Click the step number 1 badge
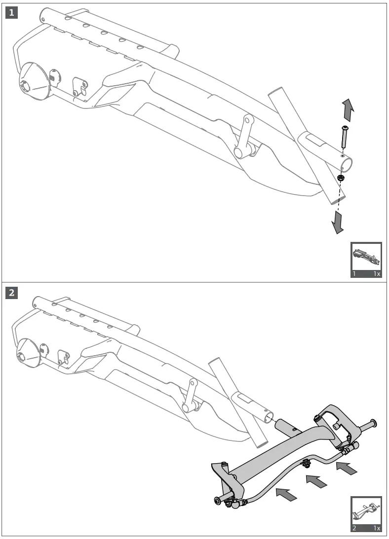point(12,13)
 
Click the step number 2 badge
point(12,293)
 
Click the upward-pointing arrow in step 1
point(348,110)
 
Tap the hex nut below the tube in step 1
point(341,178)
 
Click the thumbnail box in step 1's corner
point(366,260)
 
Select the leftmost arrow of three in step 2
point(286,494)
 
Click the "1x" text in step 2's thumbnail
point(377,528)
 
